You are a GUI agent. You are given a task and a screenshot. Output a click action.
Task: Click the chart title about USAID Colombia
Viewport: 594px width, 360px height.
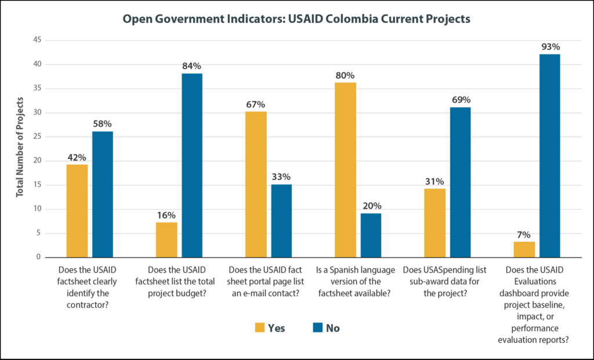tap(296, 19)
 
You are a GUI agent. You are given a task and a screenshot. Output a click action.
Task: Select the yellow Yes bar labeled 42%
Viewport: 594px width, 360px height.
tap(77, 211)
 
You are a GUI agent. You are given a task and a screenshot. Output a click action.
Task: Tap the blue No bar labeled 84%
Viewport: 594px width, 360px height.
tap(193, 166)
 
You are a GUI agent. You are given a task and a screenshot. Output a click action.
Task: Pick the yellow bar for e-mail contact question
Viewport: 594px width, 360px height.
tap(256, 184)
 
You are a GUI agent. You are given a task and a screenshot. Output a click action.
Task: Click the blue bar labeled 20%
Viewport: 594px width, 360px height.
tap(371, 235)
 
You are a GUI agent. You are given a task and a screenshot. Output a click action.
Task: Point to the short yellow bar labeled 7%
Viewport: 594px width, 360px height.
tap(524, 249)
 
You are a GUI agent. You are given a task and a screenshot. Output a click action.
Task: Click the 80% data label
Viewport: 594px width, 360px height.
tap(345, 75)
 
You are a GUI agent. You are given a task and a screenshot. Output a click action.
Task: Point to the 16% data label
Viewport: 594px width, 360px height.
tap(166, 215)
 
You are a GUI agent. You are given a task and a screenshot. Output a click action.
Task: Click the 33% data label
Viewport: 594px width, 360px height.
tap(281, 177)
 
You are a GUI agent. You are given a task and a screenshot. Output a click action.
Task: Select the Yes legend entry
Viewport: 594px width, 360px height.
tap(270, 328)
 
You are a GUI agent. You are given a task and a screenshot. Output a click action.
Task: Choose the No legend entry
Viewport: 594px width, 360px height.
tap(325, 328)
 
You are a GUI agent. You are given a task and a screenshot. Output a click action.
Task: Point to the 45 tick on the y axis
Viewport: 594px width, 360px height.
tap(37, 40)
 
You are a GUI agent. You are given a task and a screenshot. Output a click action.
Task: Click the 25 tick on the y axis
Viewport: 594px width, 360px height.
tap(37, 137)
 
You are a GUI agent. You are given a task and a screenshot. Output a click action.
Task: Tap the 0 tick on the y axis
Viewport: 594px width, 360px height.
tap(39, 257)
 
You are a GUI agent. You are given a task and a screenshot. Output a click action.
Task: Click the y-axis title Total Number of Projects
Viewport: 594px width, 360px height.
tap(20, 148)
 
